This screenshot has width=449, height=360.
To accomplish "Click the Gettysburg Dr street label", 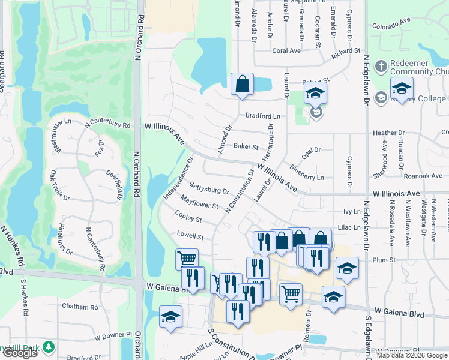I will coord(209,188).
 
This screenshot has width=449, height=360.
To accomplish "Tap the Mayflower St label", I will coord(199,202).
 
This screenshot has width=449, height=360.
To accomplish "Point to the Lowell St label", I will coord(190,235).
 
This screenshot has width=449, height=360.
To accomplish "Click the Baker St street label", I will coord(246,146).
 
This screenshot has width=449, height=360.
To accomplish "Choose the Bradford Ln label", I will coord(262,116).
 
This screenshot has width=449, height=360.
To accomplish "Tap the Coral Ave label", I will coord(286,51).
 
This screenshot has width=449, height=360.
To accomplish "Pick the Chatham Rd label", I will coord(80,307).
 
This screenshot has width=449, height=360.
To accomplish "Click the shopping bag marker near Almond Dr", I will coord(242,84).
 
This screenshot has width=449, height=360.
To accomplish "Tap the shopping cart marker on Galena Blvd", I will coord(291,294).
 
